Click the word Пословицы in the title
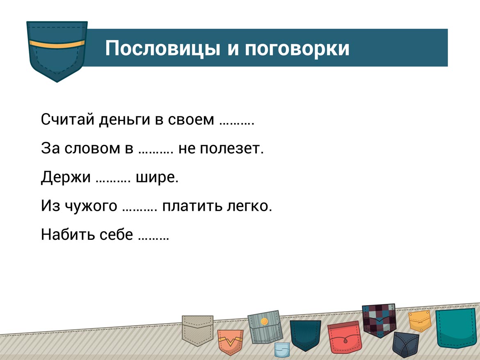point(162,48)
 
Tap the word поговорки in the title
point(297,49)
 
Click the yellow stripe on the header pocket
point(57,44)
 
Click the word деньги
point(124,120)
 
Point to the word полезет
point(221,149)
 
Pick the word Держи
point(66,177)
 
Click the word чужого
point(91,206)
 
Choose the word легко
point(249,206)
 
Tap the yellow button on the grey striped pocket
point(264,321)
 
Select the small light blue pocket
point(281,350)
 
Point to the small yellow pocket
point(420,321)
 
